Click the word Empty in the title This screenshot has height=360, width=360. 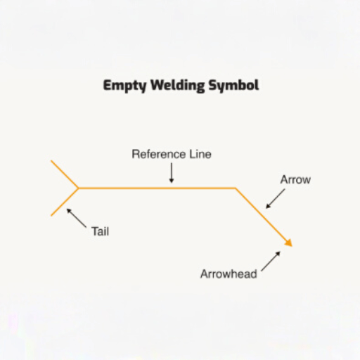click(x=124, y=86)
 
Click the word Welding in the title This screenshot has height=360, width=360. click(x=178, y=86)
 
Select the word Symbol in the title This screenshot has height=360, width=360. click(x=234, y=86)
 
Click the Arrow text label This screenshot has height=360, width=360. click(x=295, y=180)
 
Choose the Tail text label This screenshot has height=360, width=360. click(x=100, y=231)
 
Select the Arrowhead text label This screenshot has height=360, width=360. click(x=229, y=274)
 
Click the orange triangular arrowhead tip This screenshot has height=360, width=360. click(x=292, y=246)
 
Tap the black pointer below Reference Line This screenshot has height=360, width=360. click(x=172, y=173)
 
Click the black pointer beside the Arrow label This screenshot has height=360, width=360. click(x=275, y=199)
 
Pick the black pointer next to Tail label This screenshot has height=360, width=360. click(x=77, y=218)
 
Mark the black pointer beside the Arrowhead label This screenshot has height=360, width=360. click(x=271, y=261)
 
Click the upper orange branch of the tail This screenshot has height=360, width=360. click(x=65, y=174)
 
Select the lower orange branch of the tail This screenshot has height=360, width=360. click(x=65, y=202)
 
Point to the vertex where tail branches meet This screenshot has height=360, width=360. click(x=78, y=188)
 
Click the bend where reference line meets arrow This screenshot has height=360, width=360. click(x=236, y=188)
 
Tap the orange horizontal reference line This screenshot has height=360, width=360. click(x=157, y=188)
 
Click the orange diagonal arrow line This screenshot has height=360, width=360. click(x=264, y=217)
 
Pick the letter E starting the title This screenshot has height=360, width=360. click(x=107, y=85)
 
